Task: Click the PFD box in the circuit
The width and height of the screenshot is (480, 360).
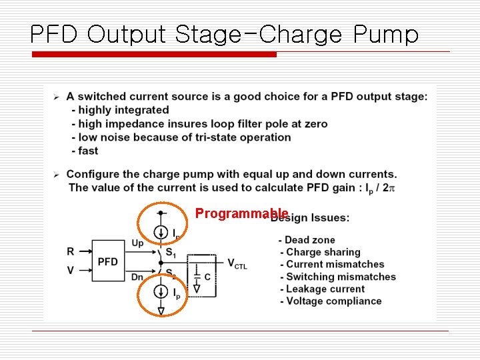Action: click(108, 261)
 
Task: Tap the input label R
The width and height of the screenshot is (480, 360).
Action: click(71, 251)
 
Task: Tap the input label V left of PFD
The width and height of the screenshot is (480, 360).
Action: click(71, 271)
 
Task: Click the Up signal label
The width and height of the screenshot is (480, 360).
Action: click(137, 243)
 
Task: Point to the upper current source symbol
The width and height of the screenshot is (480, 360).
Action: click(161, 232)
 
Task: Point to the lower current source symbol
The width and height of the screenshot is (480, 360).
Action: click(161, 292)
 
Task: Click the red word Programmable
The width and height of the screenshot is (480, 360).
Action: click(241, 213)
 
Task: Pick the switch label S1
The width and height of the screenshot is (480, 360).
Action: click(171, 253)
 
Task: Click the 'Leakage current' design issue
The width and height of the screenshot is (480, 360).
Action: click(325, 289)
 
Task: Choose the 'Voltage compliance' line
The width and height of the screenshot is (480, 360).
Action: click(333, 301)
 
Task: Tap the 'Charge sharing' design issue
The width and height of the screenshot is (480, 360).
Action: click(323, 252)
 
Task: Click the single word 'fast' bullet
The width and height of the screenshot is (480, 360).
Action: click(88, 151)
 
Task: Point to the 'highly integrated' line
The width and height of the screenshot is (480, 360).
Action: click(124, 110)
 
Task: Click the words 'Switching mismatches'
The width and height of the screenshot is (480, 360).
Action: click(341, 277)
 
